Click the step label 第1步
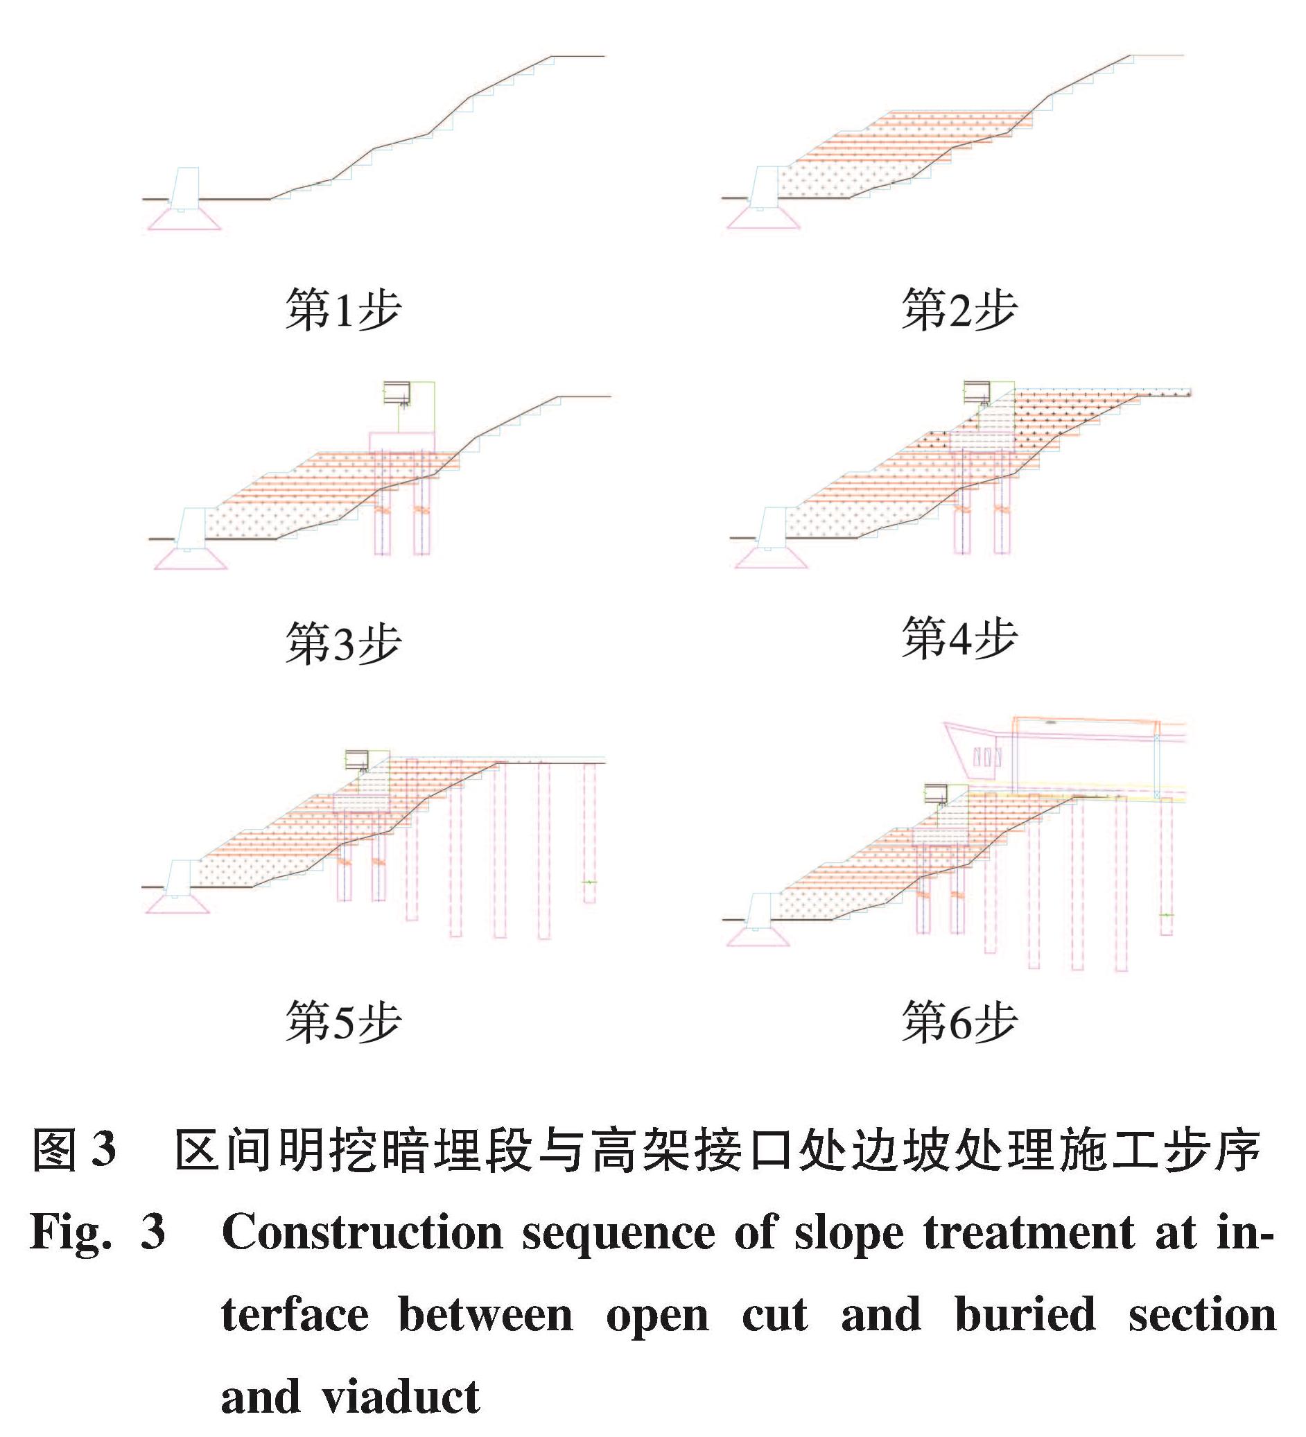(343, 310)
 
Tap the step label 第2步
(959, 310)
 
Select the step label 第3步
(343, 643)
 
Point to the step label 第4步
(959, 637)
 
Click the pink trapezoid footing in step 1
(183, 219)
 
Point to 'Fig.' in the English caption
(71, 1231)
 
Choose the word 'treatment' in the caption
(1029, 1231)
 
